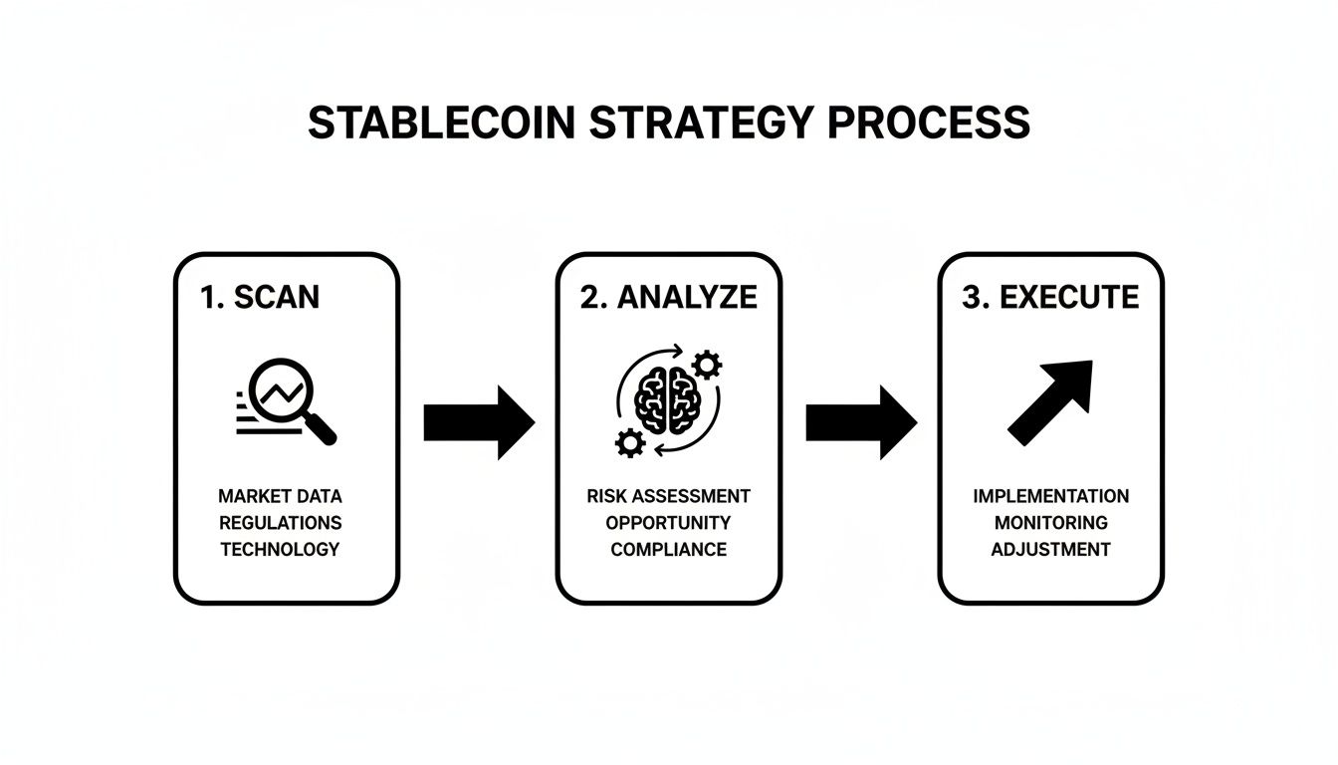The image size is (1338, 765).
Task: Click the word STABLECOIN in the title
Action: click(x=441, y=122)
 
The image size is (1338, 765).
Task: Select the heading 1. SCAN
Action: click(x=260, y=297)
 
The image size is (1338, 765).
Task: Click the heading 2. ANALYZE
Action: click(x=668, y=297)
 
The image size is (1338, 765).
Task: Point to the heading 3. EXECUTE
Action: click(x=1050, y=297)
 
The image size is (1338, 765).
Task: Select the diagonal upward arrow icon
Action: click(x=1051, y=400)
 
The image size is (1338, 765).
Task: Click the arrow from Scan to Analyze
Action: click(x=479, y=422)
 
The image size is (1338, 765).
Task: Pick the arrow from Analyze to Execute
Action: click(x=861, y=422)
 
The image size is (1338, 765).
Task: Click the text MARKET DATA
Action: click(x=280, y=496)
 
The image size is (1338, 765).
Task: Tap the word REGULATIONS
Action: click(x=280, y=522)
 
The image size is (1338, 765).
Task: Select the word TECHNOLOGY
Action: click(x=280, y=549)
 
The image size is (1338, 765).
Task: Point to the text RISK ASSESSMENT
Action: click(x=668, y=496)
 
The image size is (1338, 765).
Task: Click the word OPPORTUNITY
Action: click(x=668, y=522)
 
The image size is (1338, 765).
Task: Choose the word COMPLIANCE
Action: click(x=668, y=549)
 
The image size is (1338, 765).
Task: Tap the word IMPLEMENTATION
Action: click(x=1051, y=496)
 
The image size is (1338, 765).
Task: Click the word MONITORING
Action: click(x=1051, y=522)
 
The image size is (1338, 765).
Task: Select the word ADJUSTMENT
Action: click(x=1051, y=549)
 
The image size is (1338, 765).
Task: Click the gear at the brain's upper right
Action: click(x=706, y=366)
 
